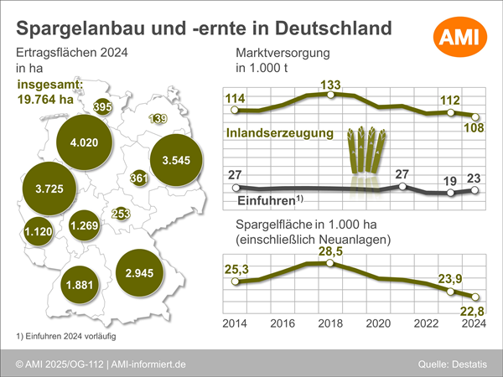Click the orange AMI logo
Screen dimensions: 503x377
(460, 37)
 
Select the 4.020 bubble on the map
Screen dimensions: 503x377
(85, 142)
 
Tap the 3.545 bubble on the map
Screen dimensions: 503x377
(176, 160)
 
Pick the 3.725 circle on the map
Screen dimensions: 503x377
(49, 188)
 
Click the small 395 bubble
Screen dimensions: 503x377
(102, 106)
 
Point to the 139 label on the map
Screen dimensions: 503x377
(158, 119)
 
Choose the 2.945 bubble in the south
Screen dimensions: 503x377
(139, 273)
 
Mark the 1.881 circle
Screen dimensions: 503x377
(80, 285)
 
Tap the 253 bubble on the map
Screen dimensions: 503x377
(121, 214)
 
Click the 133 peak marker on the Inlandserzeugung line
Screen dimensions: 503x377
(330, 94)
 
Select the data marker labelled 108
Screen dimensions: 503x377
(475, 116)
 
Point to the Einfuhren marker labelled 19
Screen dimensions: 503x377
(450, 193)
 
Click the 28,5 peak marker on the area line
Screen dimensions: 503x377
(329, 263)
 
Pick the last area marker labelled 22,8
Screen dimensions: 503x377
(475, 297)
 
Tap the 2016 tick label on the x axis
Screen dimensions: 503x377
(283, 323)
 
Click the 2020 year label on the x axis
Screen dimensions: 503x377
(378, 323)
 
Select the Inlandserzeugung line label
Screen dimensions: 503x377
(280, 132)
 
